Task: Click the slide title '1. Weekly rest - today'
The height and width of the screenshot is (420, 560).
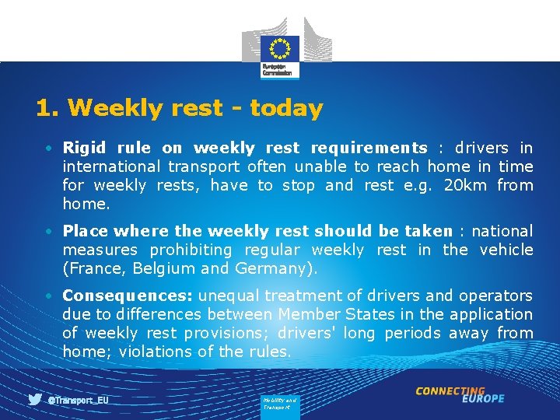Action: point(179,108)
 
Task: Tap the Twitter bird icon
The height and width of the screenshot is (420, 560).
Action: point(35,400)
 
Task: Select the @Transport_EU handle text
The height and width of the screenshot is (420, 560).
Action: point(78,400)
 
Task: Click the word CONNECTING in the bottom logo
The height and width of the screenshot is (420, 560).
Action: point(450,391)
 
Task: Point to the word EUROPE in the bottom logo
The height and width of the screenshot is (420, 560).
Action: point(482,399)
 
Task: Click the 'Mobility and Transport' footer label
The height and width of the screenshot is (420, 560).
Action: point(279,404)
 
